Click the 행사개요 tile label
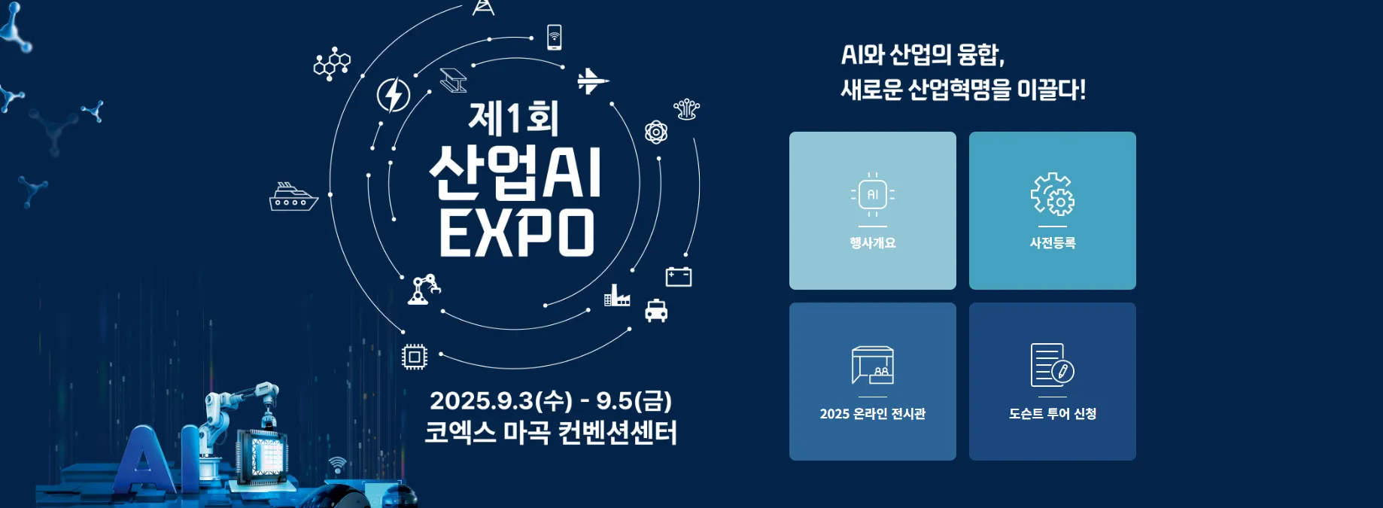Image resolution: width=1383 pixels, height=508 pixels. [873, 243]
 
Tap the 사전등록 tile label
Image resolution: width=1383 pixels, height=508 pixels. [1053, 243]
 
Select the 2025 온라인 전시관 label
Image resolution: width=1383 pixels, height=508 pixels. [873, 414]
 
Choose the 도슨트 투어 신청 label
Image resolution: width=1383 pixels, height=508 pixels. [1053, 414]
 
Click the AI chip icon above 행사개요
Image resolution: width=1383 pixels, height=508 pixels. [873, 194]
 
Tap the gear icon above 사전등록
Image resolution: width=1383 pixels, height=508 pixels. [1053, 194]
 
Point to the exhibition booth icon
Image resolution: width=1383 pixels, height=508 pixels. [873, 365]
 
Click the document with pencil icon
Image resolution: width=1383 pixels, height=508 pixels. [1053, 365]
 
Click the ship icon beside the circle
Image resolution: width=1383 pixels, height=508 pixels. [293, 197]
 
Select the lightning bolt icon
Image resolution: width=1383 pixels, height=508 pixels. [394, 95]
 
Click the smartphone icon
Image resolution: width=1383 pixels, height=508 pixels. [555, 37]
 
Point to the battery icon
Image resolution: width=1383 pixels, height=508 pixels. [679, 277]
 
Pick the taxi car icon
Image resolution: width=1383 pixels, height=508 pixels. [656, 310]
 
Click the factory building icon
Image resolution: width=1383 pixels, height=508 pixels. [617, 296]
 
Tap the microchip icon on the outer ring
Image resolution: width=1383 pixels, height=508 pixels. [415, 357]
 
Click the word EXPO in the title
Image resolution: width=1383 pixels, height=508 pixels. [517, 233]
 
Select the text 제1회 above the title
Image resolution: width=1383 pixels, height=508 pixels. [513, 119]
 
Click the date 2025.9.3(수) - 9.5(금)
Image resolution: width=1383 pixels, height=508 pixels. [551, 400]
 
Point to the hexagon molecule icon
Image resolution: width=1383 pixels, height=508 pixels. [332, 64]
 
